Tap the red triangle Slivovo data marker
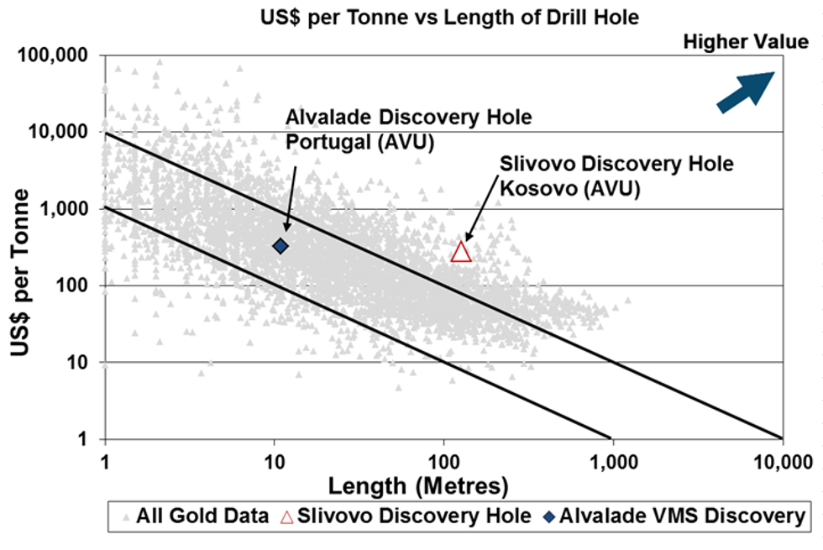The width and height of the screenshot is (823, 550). coord(461,250)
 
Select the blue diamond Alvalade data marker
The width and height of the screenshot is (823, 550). coord(280,246)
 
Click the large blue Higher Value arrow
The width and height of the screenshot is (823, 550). coord(745,90)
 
